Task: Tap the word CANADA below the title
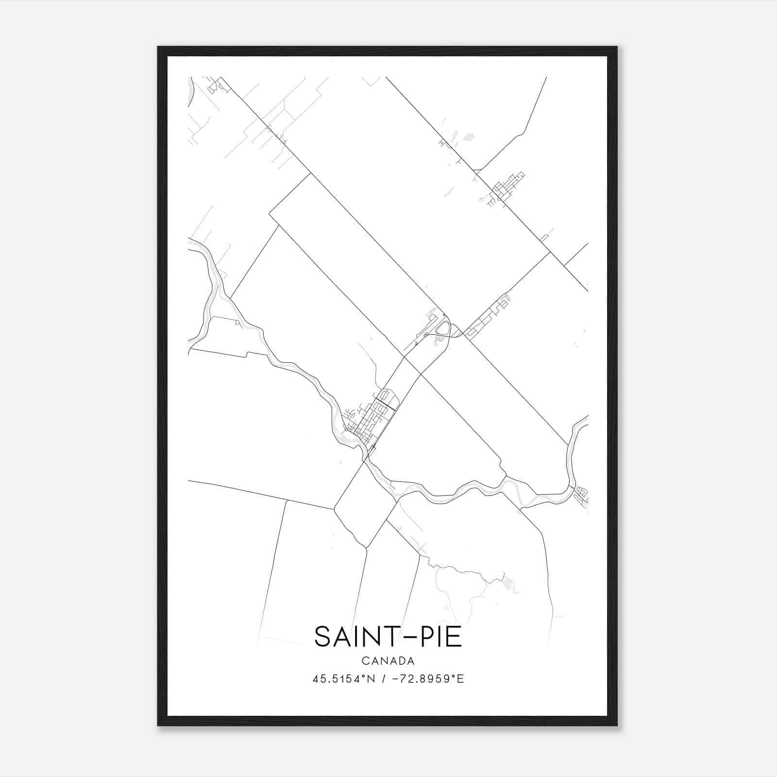click(x=388, y=661)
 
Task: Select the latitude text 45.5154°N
click(x=344, y=679)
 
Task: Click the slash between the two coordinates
click(x=384, y=679)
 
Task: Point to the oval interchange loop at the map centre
click(x=443, y=329)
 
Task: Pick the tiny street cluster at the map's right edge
click(x=580, y=495)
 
